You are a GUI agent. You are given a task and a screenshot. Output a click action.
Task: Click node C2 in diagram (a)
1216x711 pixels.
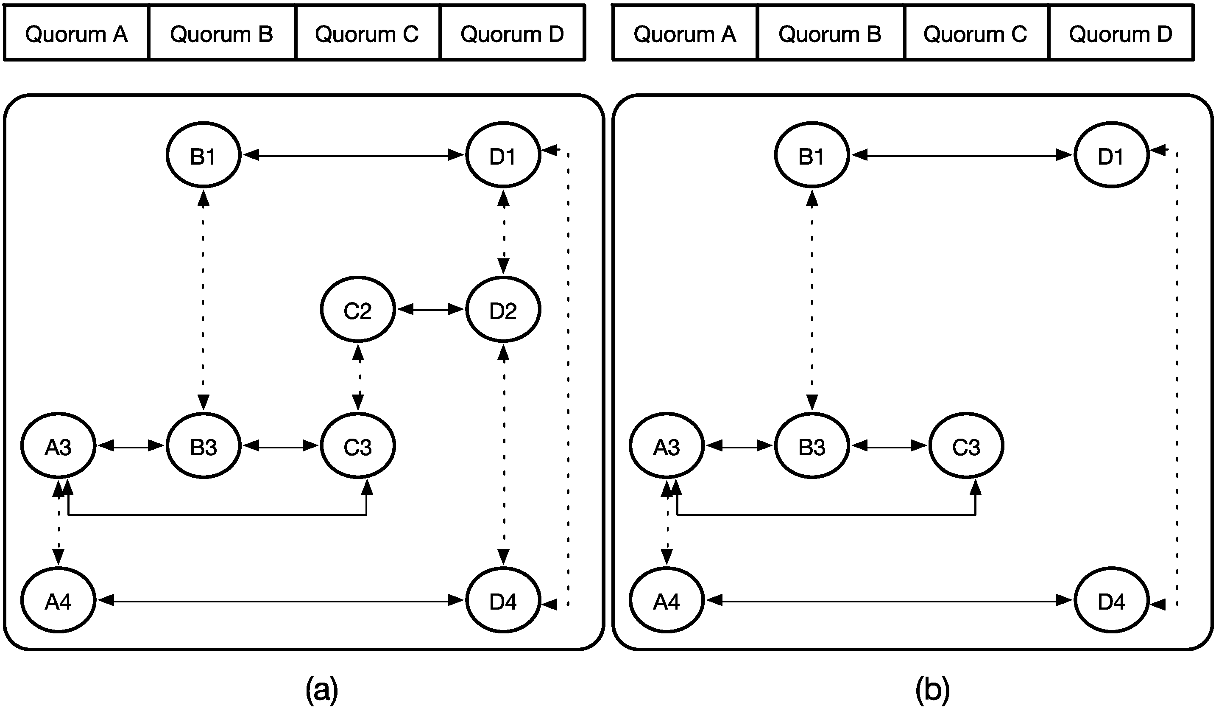[x=357, y=309]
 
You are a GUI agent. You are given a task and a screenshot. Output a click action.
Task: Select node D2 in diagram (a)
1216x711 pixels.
[x=503, y=309]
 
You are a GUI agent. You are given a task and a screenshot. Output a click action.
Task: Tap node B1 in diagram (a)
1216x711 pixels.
[x=203, y=155]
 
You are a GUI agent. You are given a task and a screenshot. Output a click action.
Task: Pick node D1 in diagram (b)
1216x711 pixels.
[x=1111, y=155]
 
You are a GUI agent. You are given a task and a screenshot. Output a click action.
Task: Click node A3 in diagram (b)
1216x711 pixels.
[x=667, y=446]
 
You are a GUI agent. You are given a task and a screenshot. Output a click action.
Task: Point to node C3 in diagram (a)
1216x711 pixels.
[x=357, y=446]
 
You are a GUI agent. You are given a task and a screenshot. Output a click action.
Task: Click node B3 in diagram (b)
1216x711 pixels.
[x=812, y=446]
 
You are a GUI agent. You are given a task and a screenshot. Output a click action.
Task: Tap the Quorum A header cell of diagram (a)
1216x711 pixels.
[x=76, y=34]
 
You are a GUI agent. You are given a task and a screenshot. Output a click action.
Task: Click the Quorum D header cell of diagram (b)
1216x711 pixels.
[x=1121, y=34]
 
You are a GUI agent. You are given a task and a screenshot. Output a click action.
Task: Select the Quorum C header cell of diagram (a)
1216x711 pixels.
[x=367, y=34]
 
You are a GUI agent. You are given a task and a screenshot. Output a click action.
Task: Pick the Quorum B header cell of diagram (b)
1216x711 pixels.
[x=830, y=34]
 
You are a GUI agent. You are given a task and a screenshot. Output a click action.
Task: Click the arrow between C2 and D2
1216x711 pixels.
[x=430, y=309]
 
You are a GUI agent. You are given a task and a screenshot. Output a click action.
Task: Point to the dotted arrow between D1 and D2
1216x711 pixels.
[x=504, y=232]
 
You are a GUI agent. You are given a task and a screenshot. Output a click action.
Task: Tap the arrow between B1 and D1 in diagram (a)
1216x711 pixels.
[x=353, y=155]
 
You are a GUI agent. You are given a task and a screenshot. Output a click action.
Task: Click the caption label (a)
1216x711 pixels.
[x=322, y=689]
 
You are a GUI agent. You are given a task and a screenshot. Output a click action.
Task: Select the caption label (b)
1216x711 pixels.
[x=932, y=689]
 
